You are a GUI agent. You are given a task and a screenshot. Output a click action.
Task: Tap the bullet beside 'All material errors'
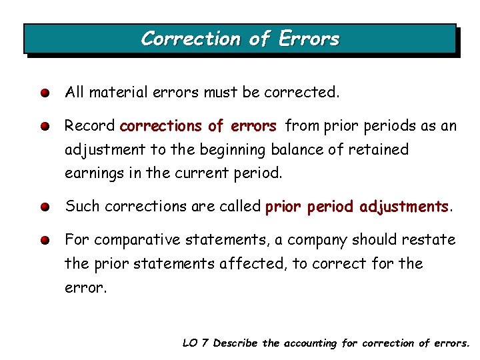coord(43,93)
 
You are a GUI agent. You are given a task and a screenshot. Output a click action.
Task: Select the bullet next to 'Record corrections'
coord(43,126)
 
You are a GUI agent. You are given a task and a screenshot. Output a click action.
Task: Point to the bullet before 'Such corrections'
coord(43,207)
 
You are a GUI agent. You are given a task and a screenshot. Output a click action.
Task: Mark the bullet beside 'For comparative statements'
coord(43,240)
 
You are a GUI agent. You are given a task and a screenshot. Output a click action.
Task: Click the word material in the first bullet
coord(118,92)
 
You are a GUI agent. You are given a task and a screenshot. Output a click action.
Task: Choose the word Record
coord(89,125)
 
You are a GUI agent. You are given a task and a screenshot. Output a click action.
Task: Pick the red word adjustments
coord(404,207)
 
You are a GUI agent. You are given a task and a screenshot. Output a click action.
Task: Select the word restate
coord(433,239)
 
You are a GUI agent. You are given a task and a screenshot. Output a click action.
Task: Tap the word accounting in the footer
coord(311,343)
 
